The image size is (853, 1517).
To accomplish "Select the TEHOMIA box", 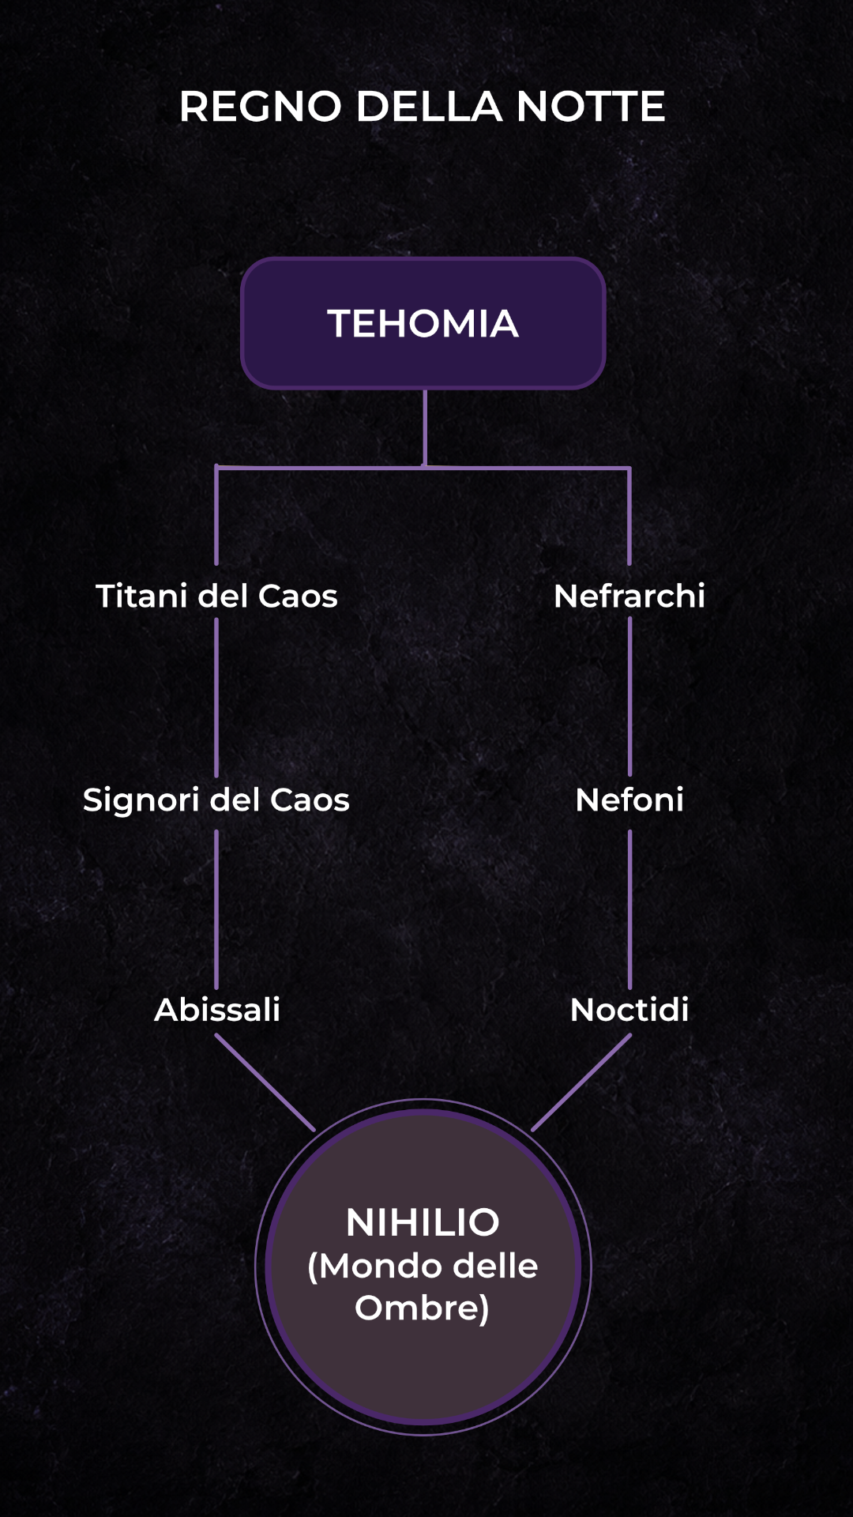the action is (423, 323).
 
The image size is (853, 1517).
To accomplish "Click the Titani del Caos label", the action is (216, 596).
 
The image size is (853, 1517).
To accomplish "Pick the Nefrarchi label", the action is (629, 596).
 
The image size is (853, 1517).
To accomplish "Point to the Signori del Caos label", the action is (216, 800).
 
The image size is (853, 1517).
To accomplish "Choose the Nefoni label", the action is (629, 800).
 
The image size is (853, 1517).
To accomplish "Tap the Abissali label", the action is (217, 1009).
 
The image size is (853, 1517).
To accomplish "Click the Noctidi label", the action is (629, 1009).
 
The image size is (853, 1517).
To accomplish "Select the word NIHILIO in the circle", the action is (423, 1222).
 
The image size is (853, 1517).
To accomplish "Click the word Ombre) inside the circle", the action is (423, 1308).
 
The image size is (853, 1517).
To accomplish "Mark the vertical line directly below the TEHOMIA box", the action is (425, 428).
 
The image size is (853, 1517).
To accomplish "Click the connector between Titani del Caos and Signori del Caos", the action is (216, 697).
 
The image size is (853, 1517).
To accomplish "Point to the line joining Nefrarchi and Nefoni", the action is (629, 696).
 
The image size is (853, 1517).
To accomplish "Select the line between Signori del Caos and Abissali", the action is (216, 909).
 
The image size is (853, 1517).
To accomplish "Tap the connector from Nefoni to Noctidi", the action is (629, 909).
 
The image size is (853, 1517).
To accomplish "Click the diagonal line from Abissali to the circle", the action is (265, 1082).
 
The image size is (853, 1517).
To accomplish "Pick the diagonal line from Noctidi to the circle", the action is (581, 1082).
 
